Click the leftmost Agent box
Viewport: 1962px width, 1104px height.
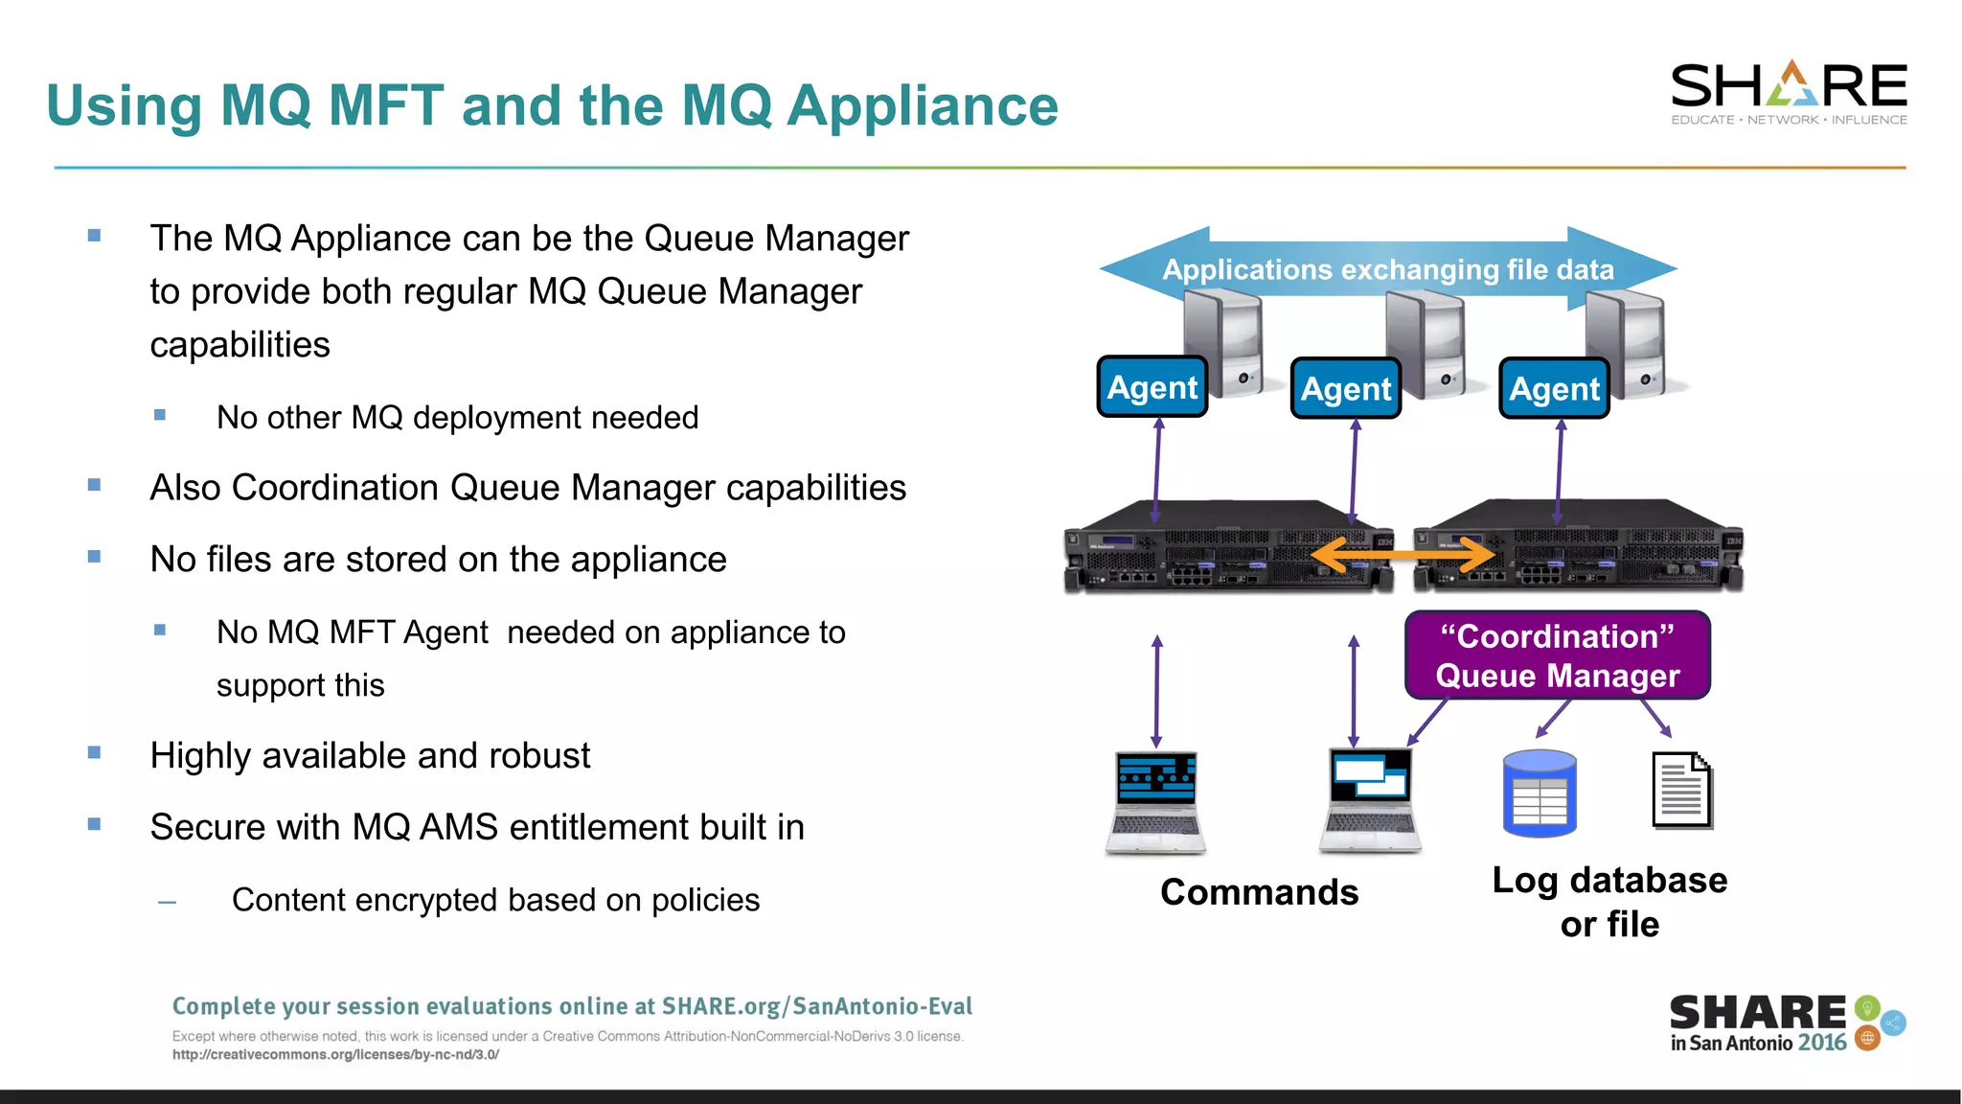pos(1152,387)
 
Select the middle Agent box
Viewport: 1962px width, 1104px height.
pos(1345,388)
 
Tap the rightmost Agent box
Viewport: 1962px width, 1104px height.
pos(1554,388)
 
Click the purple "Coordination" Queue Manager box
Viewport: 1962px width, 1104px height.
pos(1557,655)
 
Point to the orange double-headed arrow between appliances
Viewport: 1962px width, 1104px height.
pos(1403,555)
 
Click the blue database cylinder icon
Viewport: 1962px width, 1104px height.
pos(1540,793)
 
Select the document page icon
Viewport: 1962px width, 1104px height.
pos(1681,791)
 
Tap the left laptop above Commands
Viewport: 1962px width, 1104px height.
pos(1156,801)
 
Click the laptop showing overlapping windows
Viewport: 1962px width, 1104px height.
pos(1370,799)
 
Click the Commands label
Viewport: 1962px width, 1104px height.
pos(1259,892)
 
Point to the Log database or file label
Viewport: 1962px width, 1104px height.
pos(1609,902)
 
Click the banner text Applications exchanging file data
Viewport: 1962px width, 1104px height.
pos(1388,269)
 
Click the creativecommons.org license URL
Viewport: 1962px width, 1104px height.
pos(335,1055)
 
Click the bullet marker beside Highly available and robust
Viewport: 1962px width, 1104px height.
pos(94,753)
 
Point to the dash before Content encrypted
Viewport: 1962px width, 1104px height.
pos(167,902)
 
